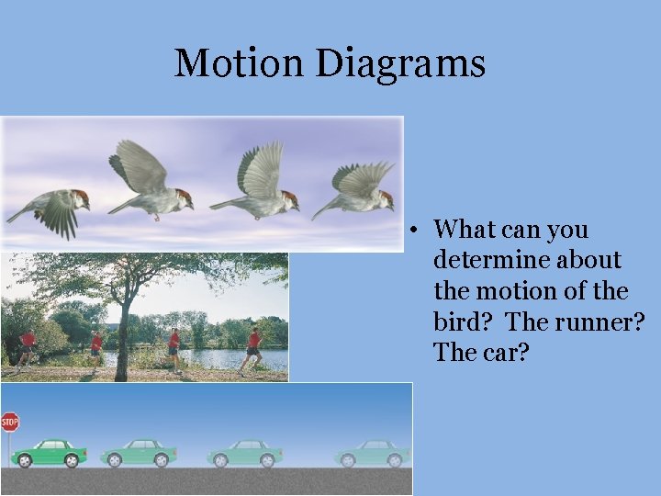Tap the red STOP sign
pos(9,423)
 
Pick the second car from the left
pos(139,452)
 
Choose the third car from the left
pos(244,453)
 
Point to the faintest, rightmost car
pos(371,453)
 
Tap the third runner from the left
pos(174,348)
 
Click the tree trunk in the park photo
pos(122,340)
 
